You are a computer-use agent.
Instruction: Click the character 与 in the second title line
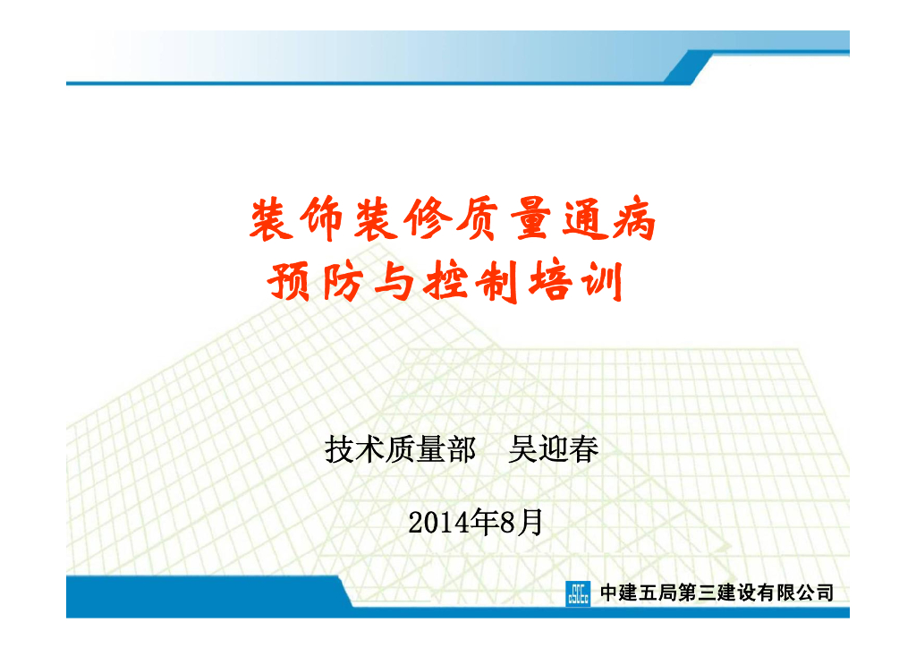pos(387,281)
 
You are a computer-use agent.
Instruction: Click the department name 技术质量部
pos(400,449)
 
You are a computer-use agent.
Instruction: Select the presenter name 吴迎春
pos(553,449)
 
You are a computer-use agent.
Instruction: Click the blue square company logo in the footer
pos(578,593)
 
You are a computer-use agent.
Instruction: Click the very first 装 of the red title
pos(269,220)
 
